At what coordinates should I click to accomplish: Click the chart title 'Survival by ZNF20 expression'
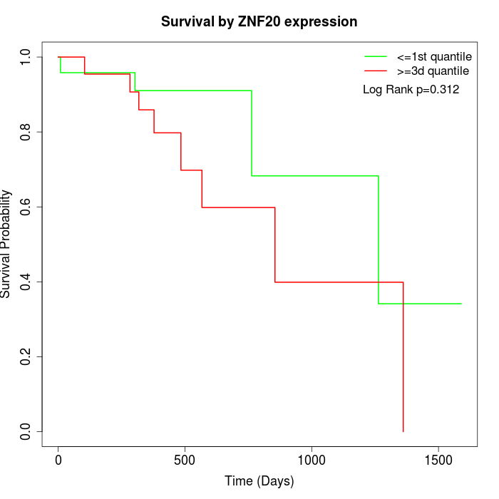(x=259, y=21)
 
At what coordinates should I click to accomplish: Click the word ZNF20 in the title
(x=259, y=21)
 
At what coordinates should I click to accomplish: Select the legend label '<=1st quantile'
(x=434, y=56)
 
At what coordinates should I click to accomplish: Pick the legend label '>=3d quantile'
(x=433, y=71)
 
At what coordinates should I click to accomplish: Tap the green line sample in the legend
(x=376, y=56)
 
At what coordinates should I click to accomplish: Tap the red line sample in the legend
(x=376, y=71)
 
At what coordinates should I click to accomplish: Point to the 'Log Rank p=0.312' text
(x=411, y=89)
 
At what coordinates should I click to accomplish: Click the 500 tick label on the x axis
(x=185, y=461)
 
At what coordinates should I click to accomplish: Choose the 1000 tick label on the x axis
(x=312, y=461)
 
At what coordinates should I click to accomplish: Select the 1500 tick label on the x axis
(x=438, y=461)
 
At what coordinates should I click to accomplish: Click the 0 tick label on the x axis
(x=58, y=461)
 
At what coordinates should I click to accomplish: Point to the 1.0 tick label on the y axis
(x=25, y=57)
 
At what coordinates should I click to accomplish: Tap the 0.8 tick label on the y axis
(x=25, y=132)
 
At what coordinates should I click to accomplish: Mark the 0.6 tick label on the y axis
(x=25, y=207)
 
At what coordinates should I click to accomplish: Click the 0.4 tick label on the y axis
(x=25, y=282)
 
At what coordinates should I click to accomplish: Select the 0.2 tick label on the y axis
(x=25, y=356)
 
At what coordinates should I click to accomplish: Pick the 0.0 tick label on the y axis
(x=25, y=431)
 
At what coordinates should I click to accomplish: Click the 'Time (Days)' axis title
(x=259, y=481)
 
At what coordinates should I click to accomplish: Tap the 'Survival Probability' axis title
(x=5, y=244)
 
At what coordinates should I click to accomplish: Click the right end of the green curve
(x=461, y=304)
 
